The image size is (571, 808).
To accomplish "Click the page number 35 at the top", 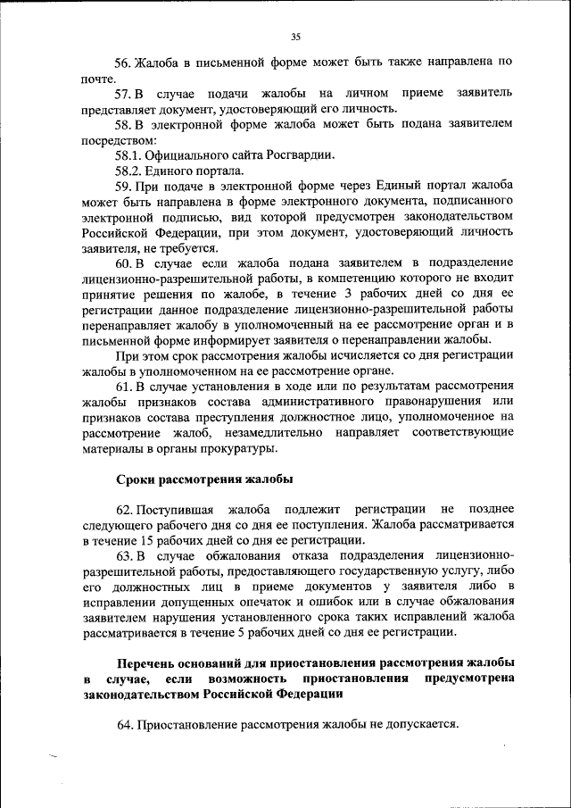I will pyautogui.click(x=296, y=37).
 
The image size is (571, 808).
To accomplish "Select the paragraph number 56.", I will pyautogui.click(x=123, y=62).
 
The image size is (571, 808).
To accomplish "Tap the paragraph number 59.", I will pyautogui.click(x=123, y=186).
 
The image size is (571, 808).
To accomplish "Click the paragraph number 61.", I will pyautogui.click(x=123, y=386).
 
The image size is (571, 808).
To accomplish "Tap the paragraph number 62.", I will pyautogui.click(x=123, y=509).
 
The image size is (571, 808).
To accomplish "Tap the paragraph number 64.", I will pyautogui.click(x=123, y=724).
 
